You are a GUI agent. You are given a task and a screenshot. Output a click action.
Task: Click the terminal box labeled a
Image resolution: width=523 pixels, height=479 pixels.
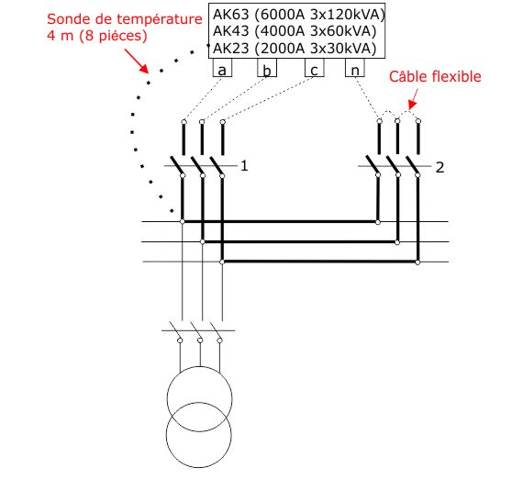(222, 67)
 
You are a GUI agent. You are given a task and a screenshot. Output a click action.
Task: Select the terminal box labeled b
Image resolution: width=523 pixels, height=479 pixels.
(267, 67)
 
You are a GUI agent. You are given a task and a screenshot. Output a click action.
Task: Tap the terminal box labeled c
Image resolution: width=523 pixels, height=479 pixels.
(314, 67)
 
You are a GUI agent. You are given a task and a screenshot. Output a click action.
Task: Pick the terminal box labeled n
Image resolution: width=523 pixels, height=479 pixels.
(355, 67)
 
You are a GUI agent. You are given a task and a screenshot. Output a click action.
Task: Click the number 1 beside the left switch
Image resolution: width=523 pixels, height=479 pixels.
(244, 166)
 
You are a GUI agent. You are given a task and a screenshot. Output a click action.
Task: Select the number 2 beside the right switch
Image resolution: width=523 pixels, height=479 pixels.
(440, 167)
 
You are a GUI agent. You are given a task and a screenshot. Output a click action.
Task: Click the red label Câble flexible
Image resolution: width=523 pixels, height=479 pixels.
(435, 77)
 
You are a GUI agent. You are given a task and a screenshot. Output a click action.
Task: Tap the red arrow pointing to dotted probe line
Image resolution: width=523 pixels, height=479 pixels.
(137, 61)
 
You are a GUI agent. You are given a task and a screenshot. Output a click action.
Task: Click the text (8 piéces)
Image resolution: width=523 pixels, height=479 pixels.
(113, 36)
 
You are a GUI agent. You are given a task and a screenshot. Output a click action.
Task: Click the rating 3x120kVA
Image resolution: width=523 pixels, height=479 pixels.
(348, 15)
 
